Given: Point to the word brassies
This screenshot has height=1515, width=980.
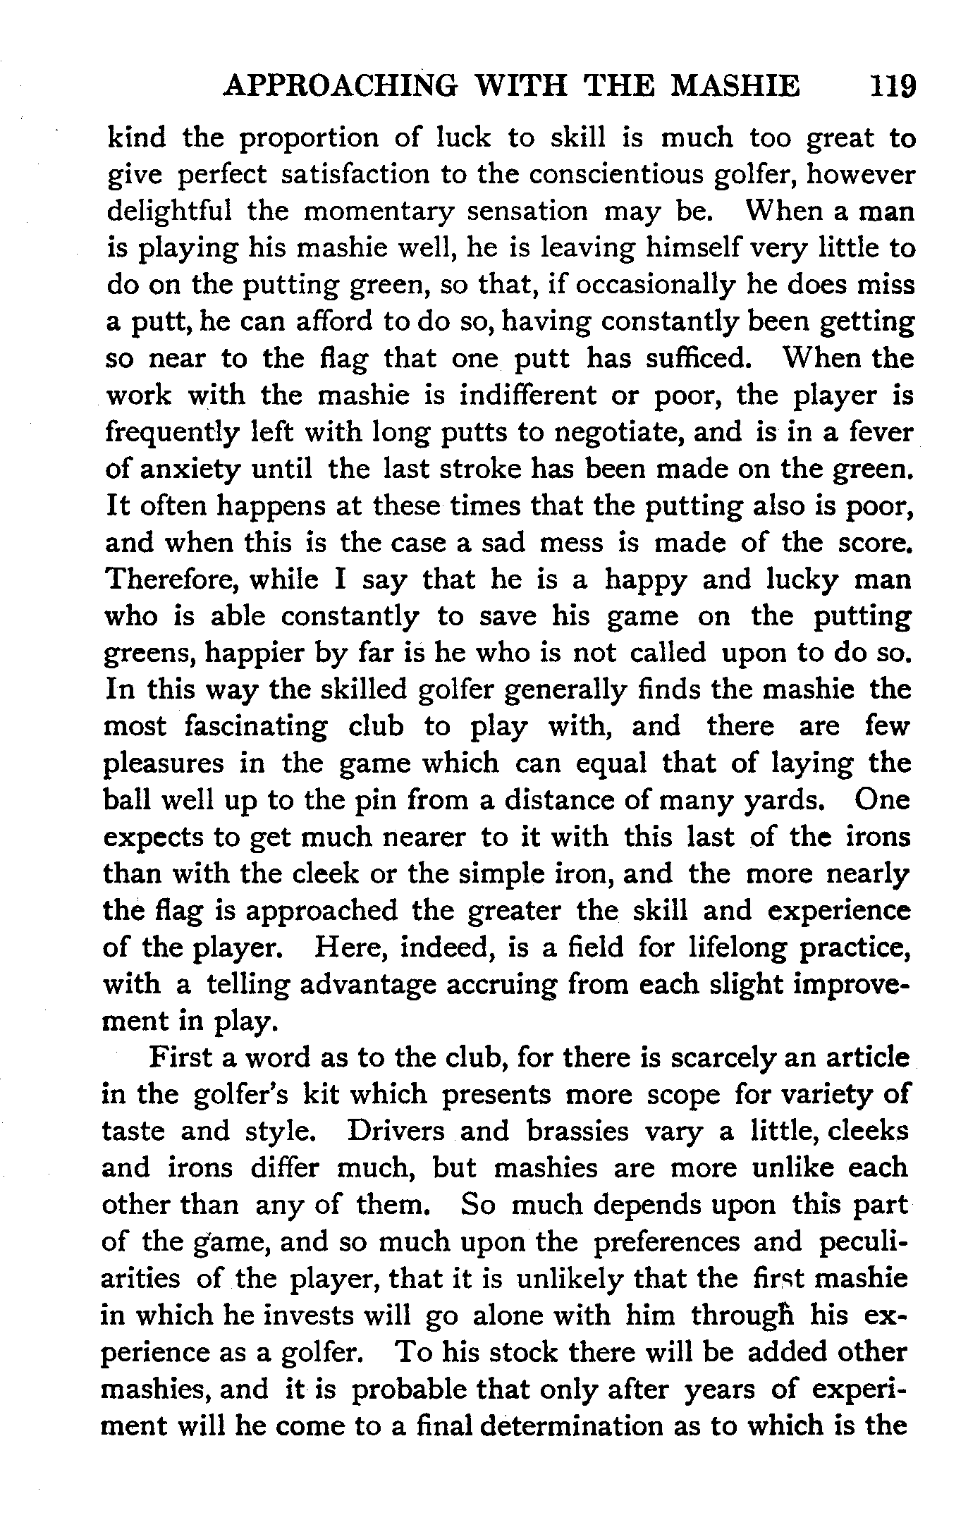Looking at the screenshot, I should click(x=577, y=1131).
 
